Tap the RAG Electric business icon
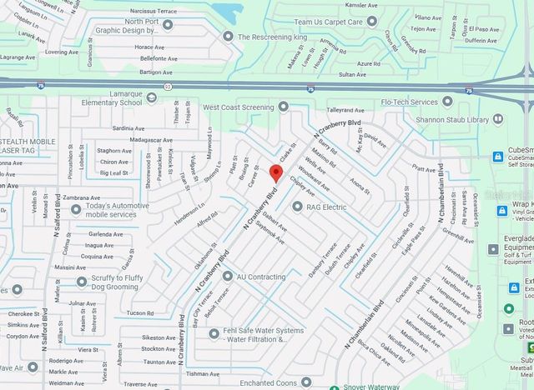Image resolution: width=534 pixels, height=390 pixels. [298, 206]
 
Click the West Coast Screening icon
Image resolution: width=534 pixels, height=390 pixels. [283, 107]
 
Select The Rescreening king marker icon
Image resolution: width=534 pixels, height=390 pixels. [228, 37]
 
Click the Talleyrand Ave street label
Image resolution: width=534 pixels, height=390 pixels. [347, 109]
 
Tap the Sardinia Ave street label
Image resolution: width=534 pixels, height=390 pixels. [128, 128]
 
